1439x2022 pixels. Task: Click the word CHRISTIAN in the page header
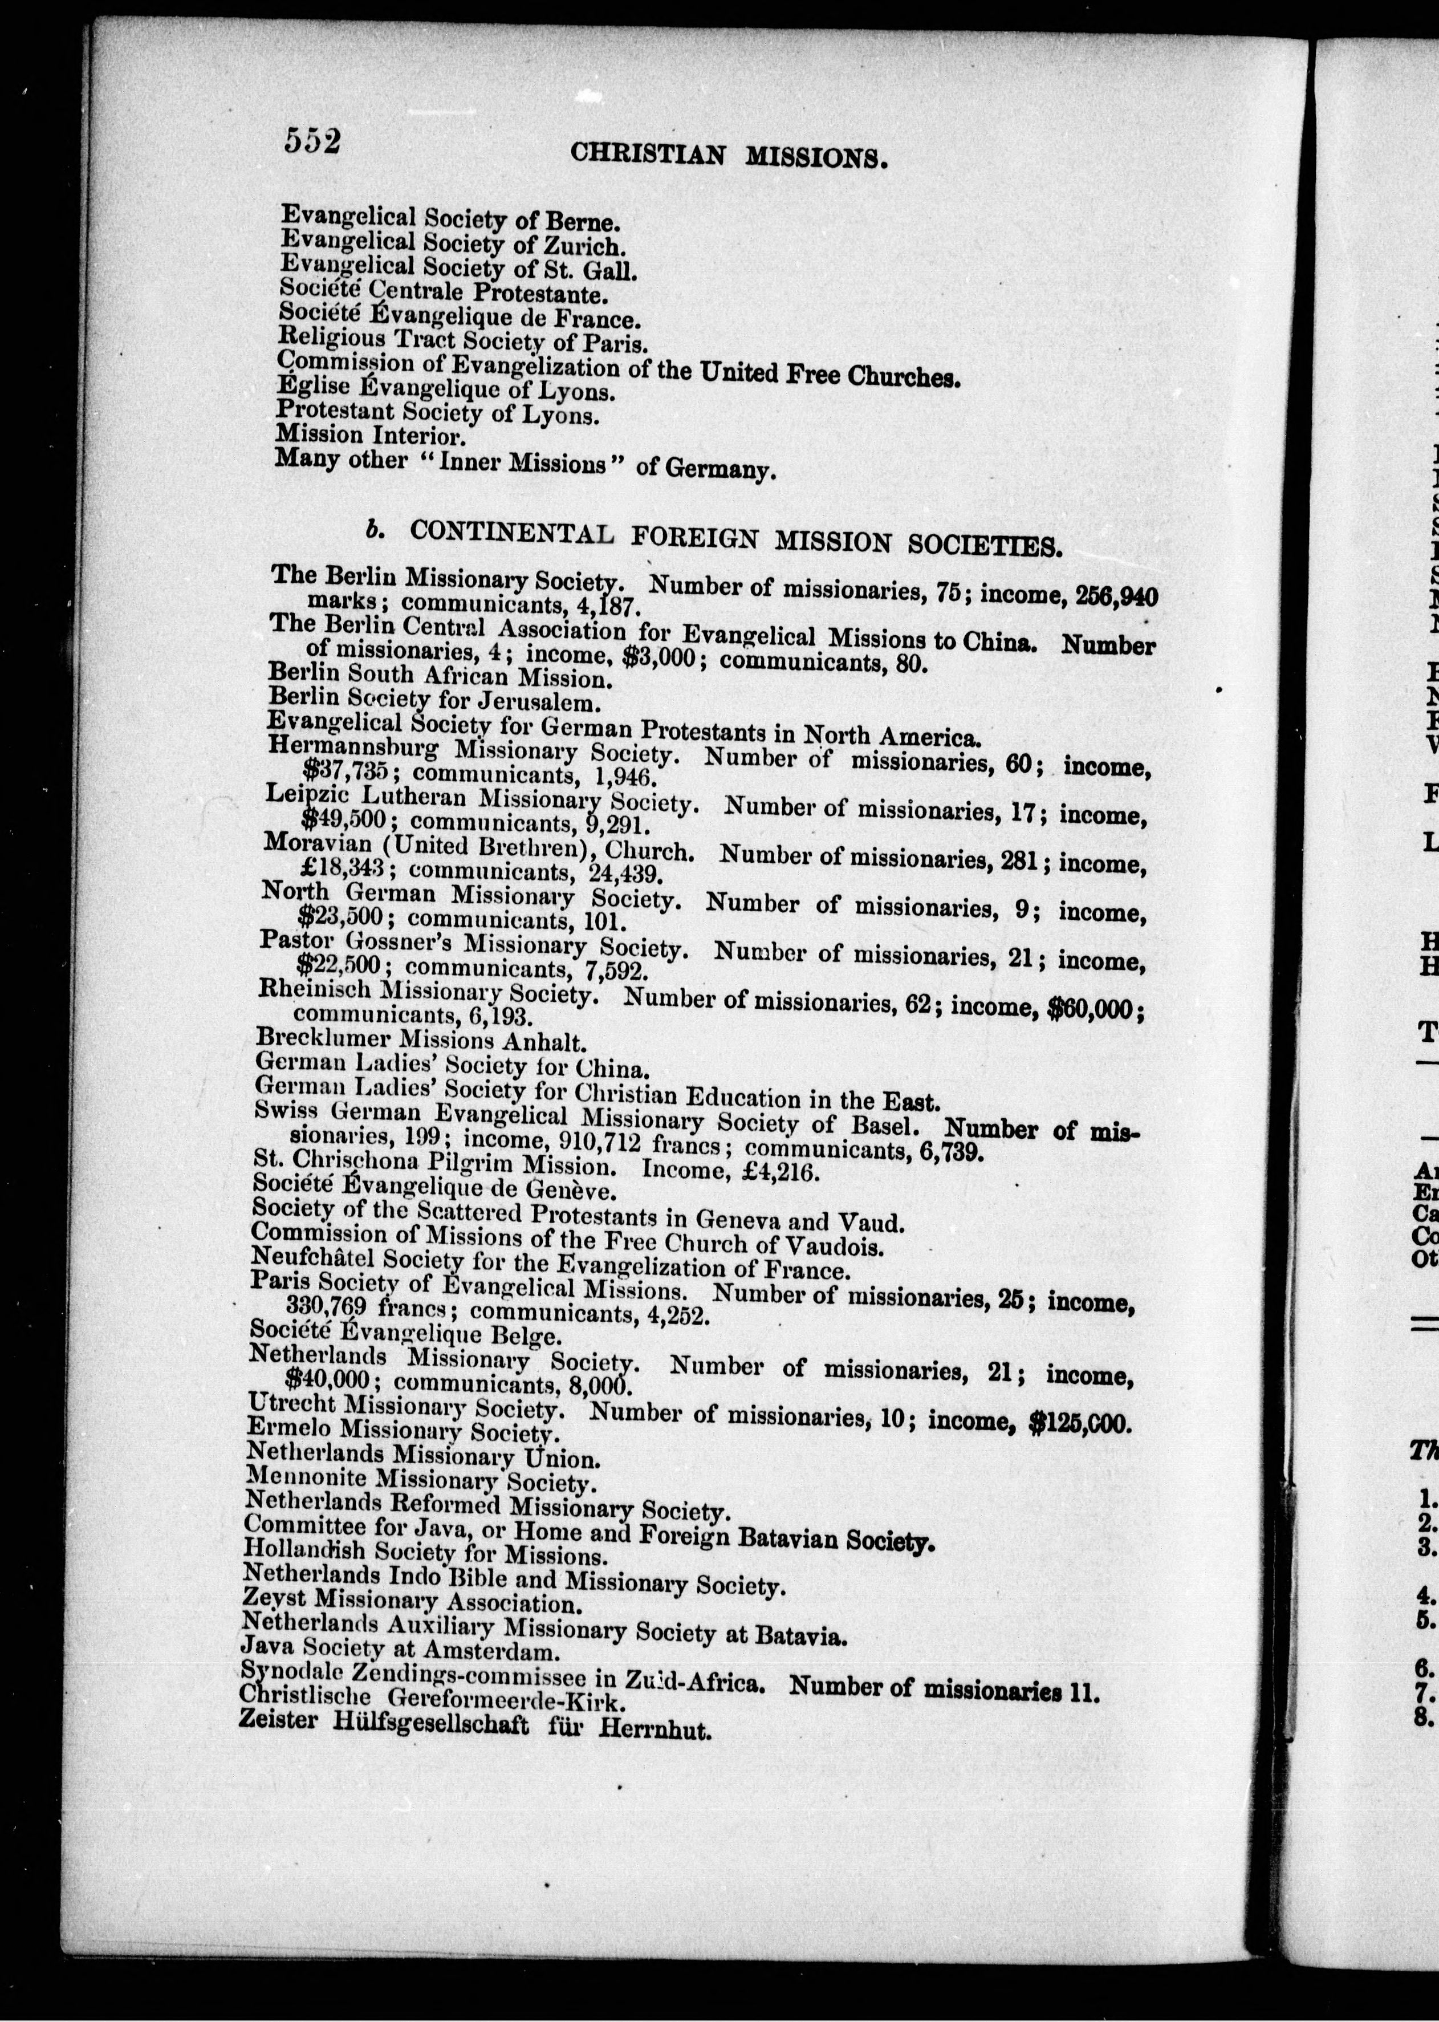[647, 154]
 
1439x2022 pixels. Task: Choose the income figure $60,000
[1094, 1011]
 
